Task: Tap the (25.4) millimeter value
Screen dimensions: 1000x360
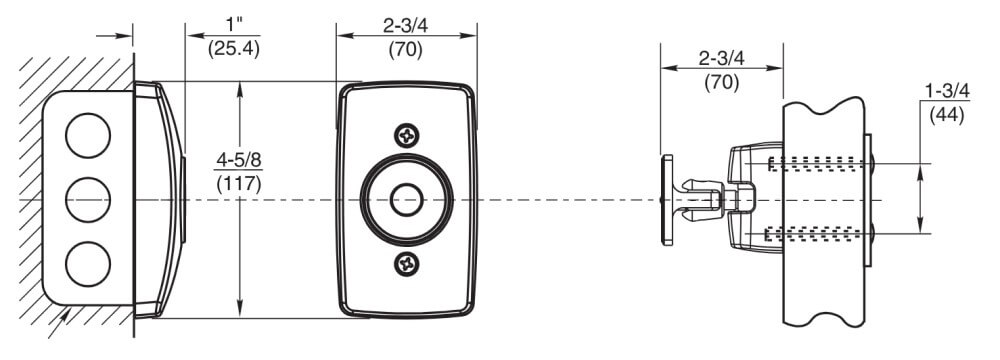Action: [x=233, y=49]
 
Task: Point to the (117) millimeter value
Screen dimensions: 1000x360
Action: [x=239, y=184]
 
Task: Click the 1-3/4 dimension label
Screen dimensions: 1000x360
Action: [x=947, y=90]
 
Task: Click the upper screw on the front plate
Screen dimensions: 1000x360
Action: [x=406, y=135]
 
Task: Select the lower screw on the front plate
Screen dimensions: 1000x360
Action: [x=406, y=263]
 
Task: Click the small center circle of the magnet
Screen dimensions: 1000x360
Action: [x=406, y=200]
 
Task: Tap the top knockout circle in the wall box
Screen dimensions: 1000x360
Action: [x=88, y=135]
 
